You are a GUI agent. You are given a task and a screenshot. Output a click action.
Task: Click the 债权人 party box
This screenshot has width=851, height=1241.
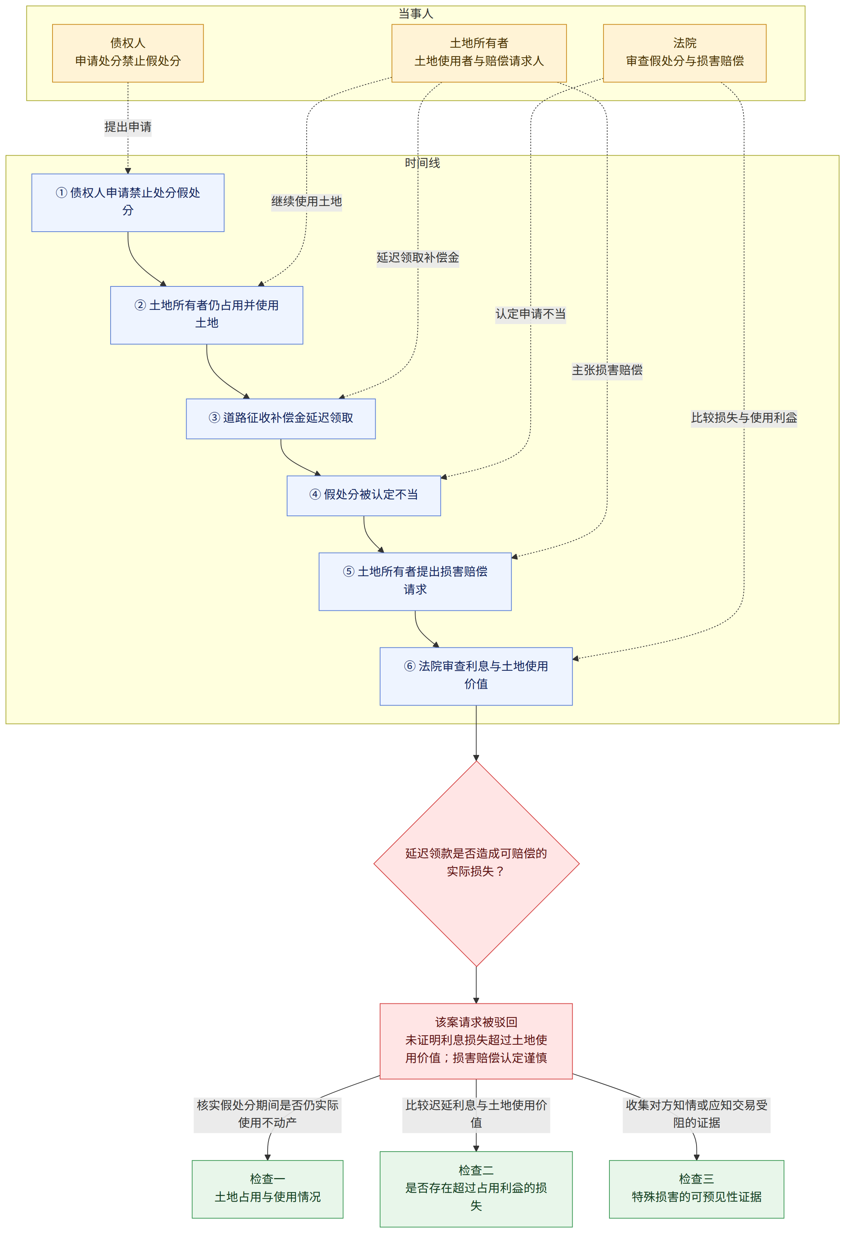128,53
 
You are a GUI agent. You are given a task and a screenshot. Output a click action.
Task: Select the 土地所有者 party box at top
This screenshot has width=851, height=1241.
479,53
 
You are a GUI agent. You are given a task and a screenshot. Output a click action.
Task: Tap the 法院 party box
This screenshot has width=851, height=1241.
685,53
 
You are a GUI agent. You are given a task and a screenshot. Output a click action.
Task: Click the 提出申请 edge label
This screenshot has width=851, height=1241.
128,127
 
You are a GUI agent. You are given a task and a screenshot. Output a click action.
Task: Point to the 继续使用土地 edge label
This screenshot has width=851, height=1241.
306,201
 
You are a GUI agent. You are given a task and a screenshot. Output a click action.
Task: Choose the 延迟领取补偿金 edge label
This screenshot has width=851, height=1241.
417,257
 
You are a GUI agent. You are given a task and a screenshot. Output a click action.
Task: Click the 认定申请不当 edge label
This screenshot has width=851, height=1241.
530,314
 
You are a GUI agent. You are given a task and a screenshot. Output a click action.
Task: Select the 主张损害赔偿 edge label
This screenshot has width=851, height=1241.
607,369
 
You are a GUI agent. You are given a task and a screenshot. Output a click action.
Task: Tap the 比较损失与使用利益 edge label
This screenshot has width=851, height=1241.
744,418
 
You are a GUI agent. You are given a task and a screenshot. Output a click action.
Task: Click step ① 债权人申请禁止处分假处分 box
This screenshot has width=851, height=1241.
128,202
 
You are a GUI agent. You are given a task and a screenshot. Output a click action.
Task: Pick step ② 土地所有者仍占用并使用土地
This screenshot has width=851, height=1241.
207,315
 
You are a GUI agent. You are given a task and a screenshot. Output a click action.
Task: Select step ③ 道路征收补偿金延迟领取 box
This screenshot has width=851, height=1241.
281,419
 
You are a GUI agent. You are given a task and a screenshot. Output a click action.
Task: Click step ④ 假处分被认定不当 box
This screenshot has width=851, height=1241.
364,496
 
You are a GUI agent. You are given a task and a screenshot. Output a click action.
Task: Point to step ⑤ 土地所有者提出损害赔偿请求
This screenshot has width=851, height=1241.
415,581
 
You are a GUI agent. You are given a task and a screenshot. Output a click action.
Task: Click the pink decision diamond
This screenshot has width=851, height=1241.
476,863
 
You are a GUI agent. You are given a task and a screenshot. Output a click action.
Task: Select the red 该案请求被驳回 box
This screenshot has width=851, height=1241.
476,1041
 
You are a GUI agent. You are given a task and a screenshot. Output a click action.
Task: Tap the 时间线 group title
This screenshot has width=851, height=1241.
422,163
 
